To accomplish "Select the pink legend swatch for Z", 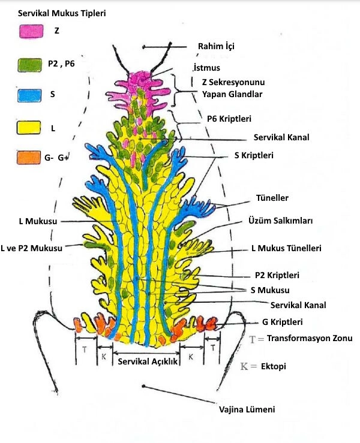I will [31, 32].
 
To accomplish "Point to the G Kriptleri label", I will [286, 321].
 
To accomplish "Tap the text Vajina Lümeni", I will [246, 409].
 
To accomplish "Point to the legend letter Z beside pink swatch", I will [56, 31].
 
